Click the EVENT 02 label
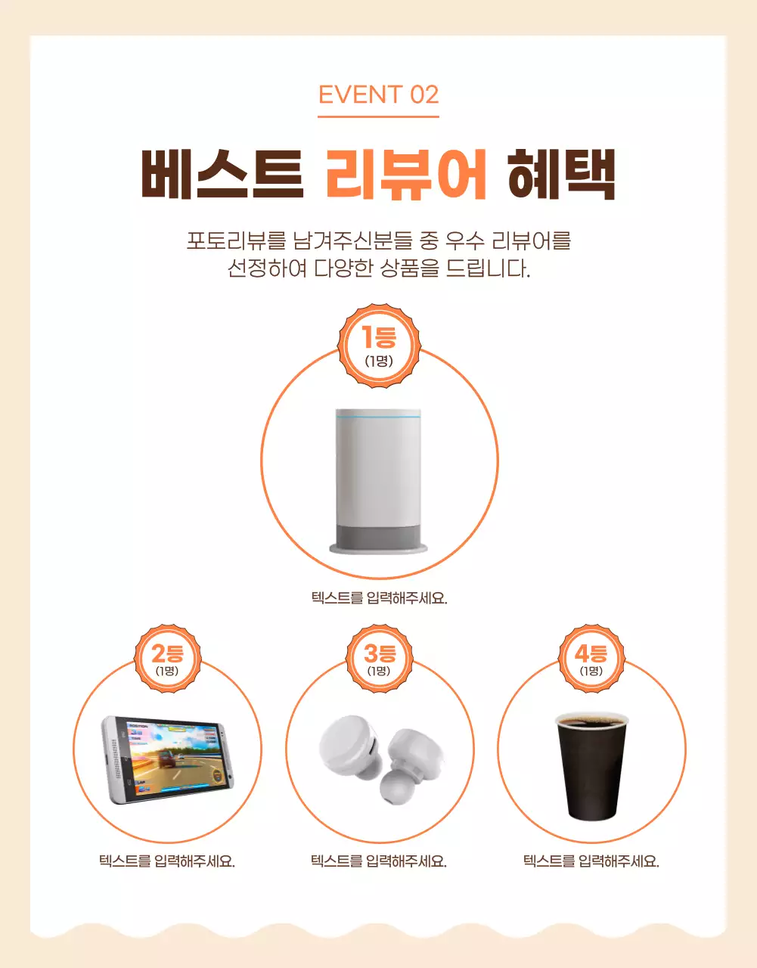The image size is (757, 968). [378, 95]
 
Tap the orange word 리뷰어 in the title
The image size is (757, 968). [406, 175]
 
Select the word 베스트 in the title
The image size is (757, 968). [222, 175]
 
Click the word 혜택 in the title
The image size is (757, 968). [561, 175]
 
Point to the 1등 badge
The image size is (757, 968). [378, 346]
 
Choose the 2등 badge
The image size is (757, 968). [167, 658]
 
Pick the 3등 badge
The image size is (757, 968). [379, 658]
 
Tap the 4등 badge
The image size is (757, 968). [591, 658]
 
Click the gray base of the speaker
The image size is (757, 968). [378, 538]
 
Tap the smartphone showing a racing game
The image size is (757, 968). [167, 759]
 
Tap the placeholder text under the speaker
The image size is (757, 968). [379, 598]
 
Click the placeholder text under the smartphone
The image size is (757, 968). [167, 861]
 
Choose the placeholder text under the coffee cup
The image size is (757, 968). [591, 861]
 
